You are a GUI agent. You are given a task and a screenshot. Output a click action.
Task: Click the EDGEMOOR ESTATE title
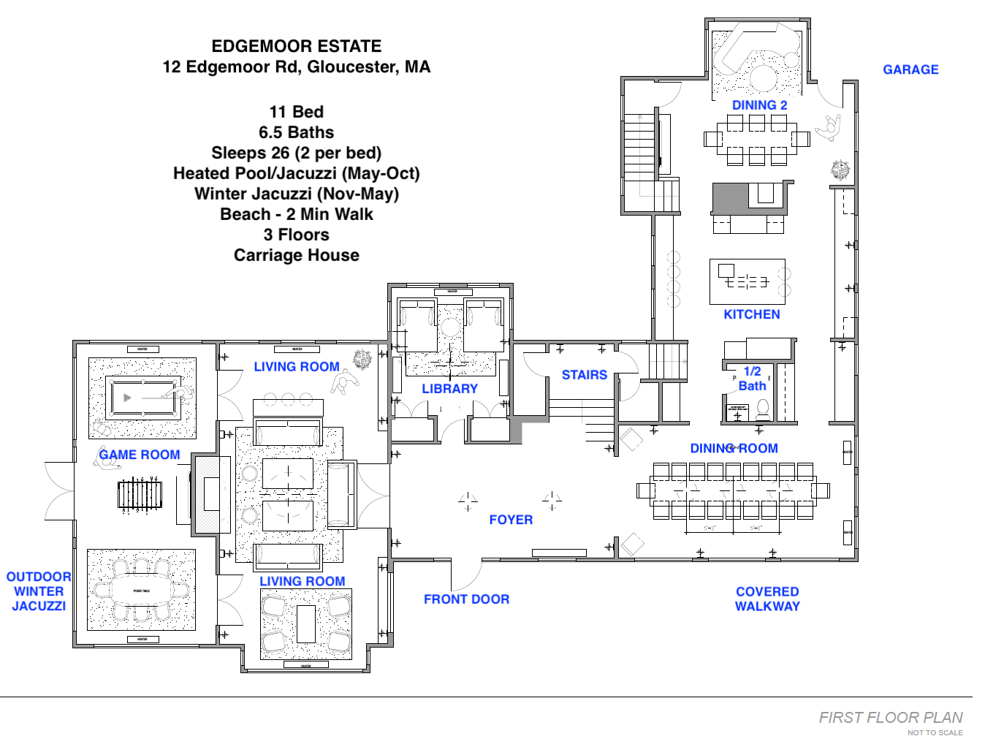pos(296,47)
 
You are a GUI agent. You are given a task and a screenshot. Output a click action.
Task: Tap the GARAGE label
pos(910,69)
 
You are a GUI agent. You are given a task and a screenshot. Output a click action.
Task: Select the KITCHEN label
pos(751,314)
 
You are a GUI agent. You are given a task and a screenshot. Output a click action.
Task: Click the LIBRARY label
pos(449,389)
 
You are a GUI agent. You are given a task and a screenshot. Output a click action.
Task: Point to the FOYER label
pos(511,520)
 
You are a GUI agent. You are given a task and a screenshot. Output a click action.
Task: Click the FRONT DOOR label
pos(466,599)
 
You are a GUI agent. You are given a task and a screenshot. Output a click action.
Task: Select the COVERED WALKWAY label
pos(767,599)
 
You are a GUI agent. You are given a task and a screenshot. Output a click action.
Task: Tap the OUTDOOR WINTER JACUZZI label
pos(39,591)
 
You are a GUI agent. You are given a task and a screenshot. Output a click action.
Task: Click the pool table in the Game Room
pos(142,398)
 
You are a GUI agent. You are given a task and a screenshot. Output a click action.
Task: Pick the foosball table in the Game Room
pos(139,495)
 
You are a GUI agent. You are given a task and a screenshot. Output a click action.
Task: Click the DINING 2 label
pos(759,105)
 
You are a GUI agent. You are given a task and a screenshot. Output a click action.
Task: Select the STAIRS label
pos(584,375)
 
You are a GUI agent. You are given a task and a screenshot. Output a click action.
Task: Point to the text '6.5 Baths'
pos(296,132)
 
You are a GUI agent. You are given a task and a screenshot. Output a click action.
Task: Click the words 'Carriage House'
pos(296,255)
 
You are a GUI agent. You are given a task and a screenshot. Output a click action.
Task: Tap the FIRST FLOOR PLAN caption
pos(890,718)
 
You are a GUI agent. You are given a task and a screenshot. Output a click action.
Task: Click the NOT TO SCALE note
pos(935,732)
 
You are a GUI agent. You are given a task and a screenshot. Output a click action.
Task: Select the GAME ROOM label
pos(140,455)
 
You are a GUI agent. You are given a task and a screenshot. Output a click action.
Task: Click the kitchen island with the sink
pos(747,281)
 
